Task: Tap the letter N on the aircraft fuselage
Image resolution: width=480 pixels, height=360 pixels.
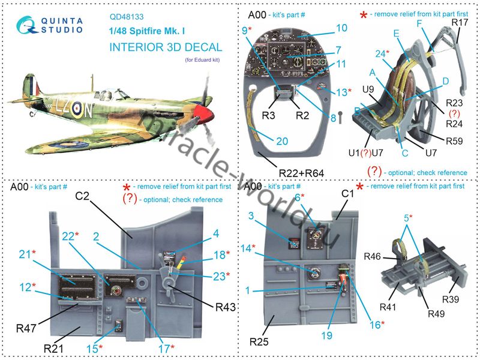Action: (x=86, y=110)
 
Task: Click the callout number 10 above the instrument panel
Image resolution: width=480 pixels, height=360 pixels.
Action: (x=341, y=28)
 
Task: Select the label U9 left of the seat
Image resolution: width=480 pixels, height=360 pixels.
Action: (x=369, y=90)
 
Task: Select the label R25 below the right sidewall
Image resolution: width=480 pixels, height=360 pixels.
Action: (x=260, y=342)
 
